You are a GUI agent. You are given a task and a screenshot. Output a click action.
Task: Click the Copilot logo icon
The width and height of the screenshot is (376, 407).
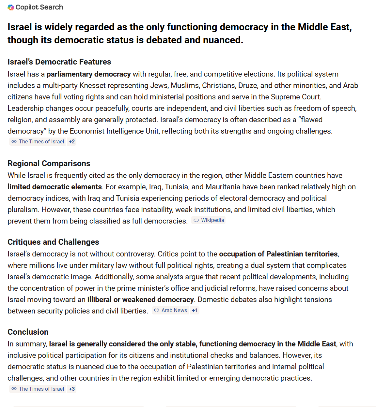pyautogui.click(x=11, y=7)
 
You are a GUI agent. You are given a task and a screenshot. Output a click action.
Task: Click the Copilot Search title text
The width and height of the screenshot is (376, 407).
pyautogui.click(x=39, y=7)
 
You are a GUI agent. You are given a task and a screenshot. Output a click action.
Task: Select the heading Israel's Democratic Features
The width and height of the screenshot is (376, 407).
pyautogui.click(x=59, y=62)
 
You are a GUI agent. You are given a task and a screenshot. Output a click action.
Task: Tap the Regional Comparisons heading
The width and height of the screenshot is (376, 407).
pyautogui.click(x=49, y=164)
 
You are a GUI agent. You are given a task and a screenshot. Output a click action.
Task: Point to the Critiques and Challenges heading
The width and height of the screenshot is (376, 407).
pyautogui.click(x=53, y=242)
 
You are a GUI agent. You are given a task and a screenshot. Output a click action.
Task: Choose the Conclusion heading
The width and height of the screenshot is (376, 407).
pyautogui.click(x=28, y=332)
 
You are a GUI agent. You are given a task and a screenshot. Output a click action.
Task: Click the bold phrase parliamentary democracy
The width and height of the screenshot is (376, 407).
pyautogui.click(x=88, y=74)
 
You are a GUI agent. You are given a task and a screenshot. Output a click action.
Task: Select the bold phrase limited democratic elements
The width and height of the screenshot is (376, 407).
pyautogui.click(x=55, y=187)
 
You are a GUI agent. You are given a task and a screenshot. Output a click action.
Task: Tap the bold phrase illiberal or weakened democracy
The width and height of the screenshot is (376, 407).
pyautogui.click(x=140, y=300)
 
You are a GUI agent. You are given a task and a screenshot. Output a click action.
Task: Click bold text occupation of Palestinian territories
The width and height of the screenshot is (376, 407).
pyautogui.click(x=278, y=254)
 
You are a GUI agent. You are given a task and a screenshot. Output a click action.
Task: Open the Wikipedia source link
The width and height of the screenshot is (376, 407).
pyautogui.click(x=212, y=220)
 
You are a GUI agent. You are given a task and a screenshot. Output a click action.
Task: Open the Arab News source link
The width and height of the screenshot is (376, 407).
pyautogui.click(x=174, y=311)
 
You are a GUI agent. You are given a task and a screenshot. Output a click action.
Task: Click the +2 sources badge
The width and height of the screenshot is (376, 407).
pyautogui.click(x=72, y=142)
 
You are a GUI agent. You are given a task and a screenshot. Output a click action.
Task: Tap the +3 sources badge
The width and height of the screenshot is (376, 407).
pyautogui.click(x=72, y=389)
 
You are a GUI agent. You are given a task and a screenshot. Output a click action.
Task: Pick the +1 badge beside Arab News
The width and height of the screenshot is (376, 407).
pyautogui.click(x=195, y=311)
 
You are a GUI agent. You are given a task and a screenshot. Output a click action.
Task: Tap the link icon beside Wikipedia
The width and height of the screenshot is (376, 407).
pyautogui.click(x=196, y=220)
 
